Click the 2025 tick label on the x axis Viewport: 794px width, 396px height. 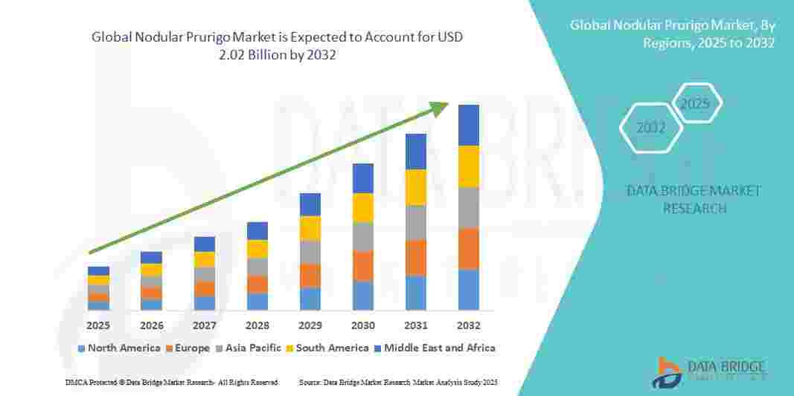[98, 325]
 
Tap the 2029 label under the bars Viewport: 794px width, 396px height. [310, 325]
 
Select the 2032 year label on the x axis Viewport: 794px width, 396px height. [469, 325]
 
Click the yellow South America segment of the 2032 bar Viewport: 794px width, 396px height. [469, 166]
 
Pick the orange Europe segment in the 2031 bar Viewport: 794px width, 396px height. [416, 258]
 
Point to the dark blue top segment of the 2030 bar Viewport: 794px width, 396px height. [363, 178]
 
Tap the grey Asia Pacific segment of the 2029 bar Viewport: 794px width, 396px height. [310, 252]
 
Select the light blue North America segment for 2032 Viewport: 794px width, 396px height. [469, 289]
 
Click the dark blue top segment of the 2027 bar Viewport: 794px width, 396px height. [205, 244]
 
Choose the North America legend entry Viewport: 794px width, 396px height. [119, 348]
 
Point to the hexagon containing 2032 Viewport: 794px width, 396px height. [651, 128]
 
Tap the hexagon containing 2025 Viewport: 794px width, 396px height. [696, 103]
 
